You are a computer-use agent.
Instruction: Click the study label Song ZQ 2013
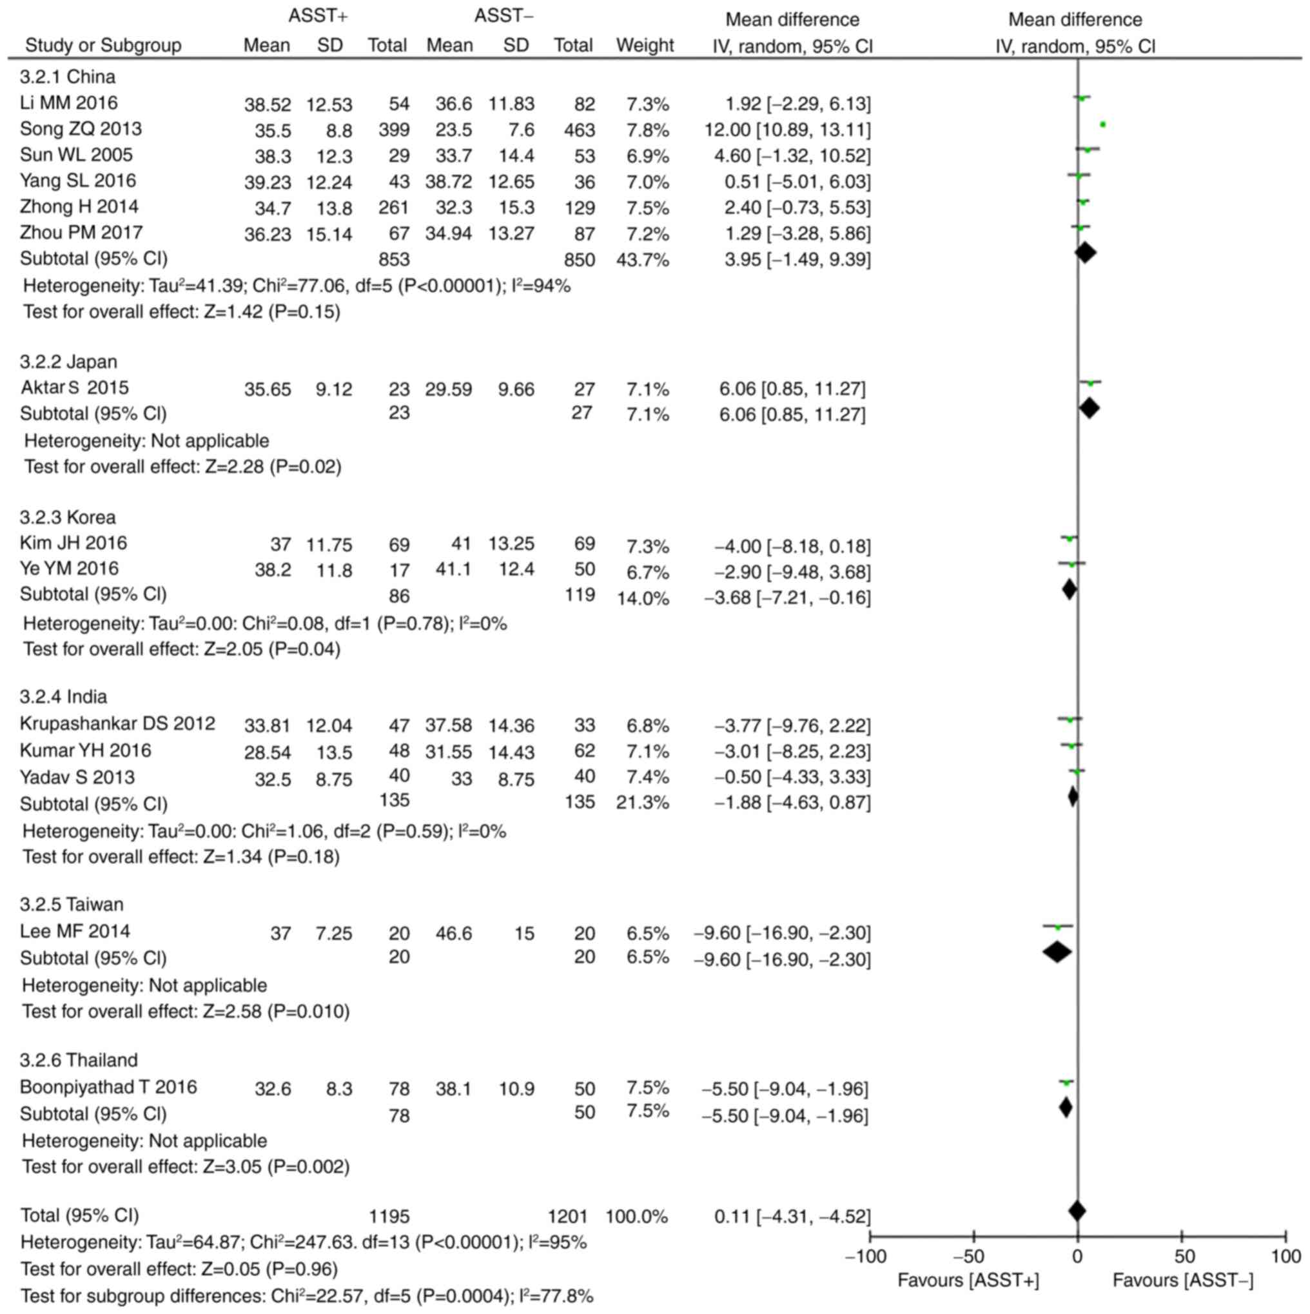click(x=81, y=128)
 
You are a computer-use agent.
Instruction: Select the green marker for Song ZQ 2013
click(x=1102, y=124)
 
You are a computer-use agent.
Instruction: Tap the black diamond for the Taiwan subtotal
click(x=1057, y=952)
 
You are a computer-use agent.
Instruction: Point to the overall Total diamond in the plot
click(x=1077, y=1211)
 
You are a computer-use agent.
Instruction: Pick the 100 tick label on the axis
click(x=1285, y=1255)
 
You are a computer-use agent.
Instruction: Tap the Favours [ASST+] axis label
click(x=968, y=1280)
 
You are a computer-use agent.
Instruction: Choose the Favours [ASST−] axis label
click(x=1183, y=1280)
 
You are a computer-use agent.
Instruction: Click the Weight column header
click(x=645, y=46)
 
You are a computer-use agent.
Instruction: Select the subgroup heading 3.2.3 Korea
click(x=67, y=517)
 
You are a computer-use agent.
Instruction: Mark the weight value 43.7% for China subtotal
click(x=642, y=260)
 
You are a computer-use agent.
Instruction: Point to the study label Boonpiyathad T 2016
click(x=108, y=1087)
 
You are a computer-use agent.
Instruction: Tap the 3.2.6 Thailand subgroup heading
click(x=78, y=1059)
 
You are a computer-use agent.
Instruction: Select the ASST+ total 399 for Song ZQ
click(x=394, y=130)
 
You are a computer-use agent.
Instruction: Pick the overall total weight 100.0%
click(x=636, y=1216)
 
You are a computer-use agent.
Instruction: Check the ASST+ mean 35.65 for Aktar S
click(x=268, y=389)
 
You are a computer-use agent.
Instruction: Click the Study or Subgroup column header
click(x=103, y=46)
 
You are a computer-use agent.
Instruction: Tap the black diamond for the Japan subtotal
click(x=1089, y=408)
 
